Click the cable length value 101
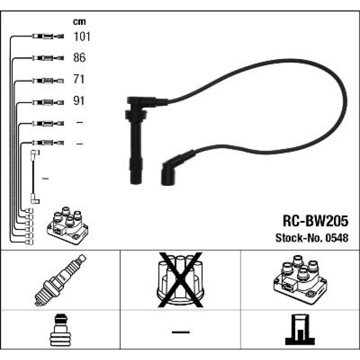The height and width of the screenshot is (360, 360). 82,36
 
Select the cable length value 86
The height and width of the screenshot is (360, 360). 79,57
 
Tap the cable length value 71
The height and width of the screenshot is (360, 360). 79,79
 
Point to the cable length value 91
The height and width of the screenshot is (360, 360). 79,100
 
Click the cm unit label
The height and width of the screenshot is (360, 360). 79,22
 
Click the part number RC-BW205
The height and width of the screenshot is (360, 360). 315,221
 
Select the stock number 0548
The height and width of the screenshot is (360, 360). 337,238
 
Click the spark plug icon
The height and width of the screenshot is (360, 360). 60,280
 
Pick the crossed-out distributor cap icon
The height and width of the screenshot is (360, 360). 180,280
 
